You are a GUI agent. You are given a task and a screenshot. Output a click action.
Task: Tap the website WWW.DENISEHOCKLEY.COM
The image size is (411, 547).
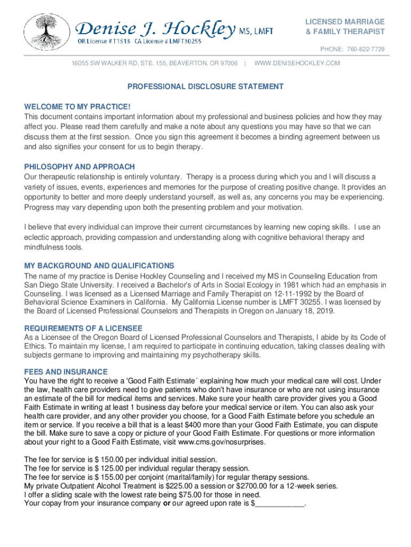point(297,64)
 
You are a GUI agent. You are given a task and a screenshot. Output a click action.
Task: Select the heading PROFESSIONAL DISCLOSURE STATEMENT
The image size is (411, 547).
point(205,87)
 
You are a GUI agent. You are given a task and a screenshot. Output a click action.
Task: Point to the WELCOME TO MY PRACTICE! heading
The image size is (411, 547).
point(77,107)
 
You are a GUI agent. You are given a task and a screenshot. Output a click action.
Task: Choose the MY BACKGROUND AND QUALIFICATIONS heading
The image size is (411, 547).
point(99,266)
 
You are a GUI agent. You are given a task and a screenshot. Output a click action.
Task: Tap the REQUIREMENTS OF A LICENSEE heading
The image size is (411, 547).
point(83,329)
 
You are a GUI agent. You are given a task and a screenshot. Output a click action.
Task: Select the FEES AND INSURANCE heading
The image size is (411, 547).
point(66,372)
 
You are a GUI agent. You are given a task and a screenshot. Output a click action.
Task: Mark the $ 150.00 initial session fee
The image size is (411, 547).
point(106,459)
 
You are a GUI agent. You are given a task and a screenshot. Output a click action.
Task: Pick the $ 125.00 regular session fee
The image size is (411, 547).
point(106,468)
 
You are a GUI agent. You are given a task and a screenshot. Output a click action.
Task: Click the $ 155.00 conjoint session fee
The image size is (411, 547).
point(106,477)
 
